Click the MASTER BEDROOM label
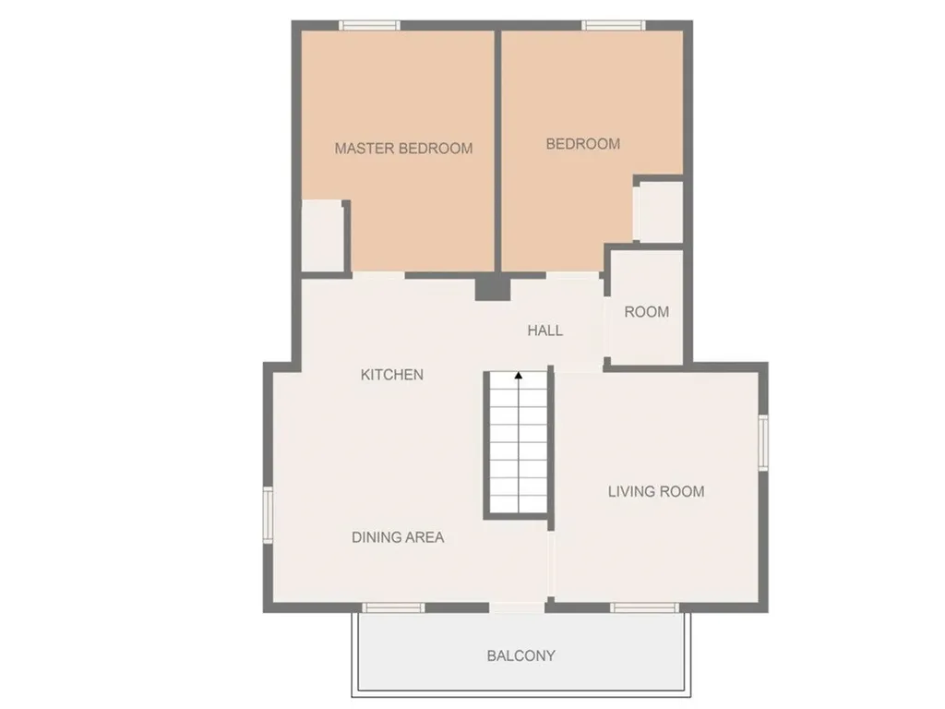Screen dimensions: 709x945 point(403,148)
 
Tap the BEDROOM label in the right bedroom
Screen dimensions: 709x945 point(582,144)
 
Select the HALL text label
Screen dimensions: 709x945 point(544,330)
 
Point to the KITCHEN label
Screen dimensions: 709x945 point(391,375)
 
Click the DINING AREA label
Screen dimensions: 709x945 point(398,537)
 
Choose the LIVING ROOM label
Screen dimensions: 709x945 point(655,491)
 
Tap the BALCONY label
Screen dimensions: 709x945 point(520,656)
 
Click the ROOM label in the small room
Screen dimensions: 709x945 point(646,312)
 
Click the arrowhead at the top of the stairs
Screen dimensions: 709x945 point(519,376)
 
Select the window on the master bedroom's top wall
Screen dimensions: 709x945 point(369,25)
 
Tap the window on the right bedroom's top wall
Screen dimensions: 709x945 point(614,25)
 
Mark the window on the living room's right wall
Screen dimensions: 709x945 point(763,442)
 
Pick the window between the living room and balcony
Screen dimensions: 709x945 point(644,607)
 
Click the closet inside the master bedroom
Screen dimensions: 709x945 point(323,235)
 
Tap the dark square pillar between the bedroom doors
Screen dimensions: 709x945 point(493,288)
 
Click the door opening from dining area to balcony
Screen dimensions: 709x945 point(517,607)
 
